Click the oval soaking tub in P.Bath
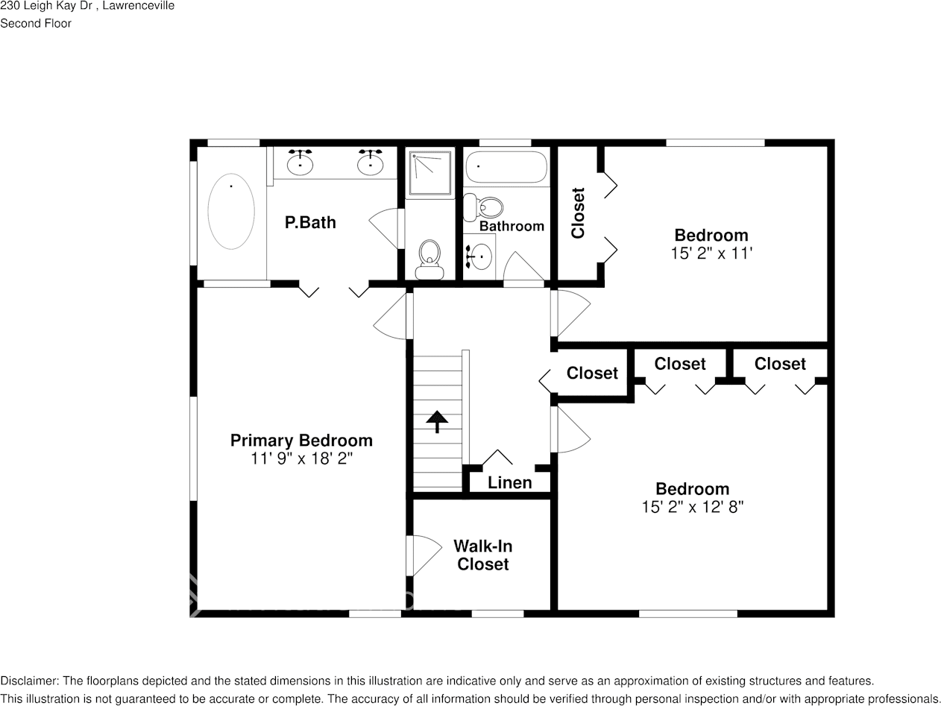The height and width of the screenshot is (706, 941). [231, 211]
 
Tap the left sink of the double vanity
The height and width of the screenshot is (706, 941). [300, 162]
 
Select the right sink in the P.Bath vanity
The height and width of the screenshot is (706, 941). [370, 162]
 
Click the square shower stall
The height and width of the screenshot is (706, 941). [430, 173]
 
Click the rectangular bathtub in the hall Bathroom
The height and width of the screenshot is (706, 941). [506, 168]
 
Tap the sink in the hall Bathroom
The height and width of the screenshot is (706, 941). [479, 257]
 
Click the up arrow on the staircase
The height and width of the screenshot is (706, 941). [436, 423]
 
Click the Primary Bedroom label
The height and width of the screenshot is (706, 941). [301, 441]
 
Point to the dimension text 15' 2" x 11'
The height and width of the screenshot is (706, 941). [711, 253]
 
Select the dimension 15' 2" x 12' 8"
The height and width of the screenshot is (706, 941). [692, 507]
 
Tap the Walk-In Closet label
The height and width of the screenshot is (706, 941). [483, 555]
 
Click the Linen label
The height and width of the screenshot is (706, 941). [510, 482]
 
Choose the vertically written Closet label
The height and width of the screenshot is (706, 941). [578, 212]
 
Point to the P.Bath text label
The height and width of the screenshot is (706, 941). [310, 222]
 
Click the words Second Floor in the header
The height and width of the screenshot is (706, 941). [36, 23]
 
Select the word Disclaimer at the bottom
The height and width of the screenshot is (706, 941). [28, 681]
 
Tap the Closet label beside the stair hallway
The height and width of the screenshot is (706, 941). [592, 373]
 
